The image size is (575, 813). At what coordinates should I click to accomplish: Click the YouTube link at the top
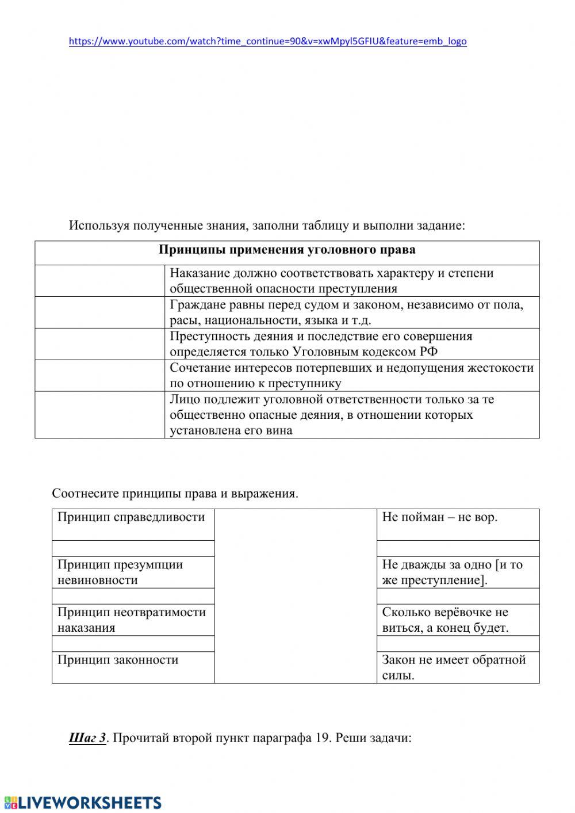coord(267,41)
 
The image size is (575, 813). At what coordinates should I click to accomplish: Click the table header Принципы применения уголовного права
coord(287,250)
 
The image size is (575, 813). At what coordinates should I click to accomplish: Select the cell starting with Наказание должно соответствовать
coord(351,281)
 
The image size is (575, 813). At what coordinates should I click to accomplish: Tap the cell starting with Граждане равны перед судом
coord(351,312)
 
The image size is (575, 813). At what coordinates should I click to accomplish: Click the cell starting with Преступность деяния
coord(351,344)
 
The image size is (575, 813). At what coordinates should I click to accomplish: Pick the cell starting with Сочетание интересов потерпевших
coord(351,376)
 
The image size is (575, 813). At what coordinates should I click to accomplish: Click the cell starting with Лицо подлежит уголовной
coord(351,415)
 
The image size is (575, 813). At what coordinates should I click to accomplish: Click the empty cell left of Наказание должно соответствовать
coord(99,281)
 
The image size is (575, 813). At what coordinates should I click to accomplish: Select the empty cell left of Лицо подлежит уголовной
coord(99,415)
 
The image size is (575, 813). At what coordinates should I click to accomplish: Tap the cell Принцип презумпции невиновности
coord(132,572)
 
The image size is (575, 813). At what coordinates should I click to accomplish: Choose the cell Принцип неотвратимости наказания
coord(132,620)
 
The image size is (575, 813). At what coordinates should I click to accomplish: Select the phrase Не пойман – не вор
coord(440,518)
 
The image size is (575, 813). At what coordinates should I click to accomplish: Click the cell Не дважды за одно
coord(457,572)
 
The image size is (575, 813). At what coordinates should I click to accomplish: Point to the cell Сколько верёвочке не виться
coord(457,620)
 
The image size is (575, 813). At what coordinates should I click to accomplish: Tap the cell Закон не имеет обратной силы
coord(457,667)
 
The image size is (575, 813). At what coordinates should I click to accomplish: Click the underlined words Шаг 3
coord(87,738)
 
